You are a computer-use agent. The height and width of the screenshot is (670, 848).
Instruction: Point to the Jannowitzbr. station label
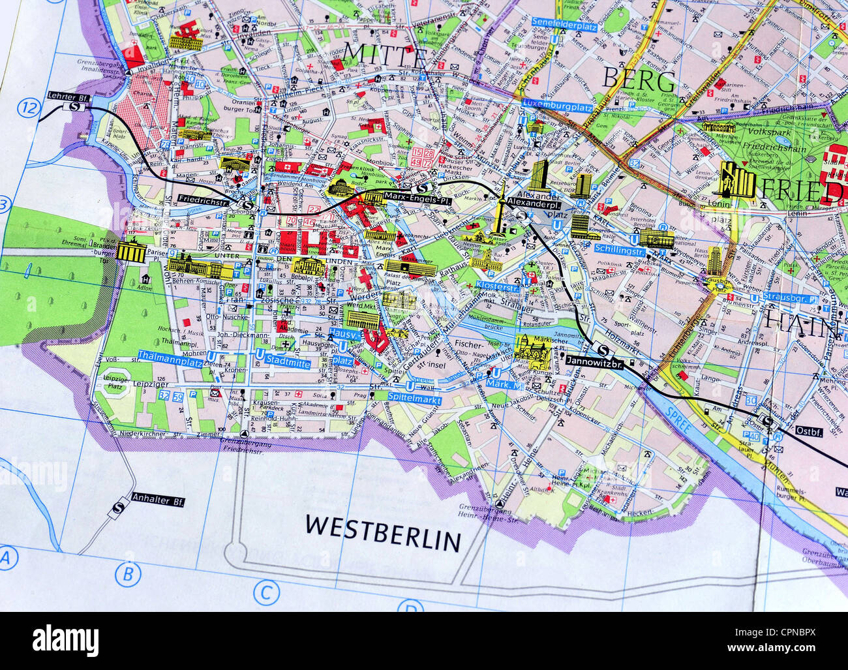coord(595,361)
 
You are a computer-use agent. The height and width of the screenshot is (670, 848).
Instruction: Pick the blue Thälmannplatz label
coord(168,355)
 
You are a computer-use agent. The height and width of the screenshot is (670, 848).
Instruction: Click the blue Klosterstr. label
coord(498,286)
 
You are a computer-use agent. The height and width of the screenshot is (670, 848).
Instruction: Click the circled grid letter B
coord(128,574)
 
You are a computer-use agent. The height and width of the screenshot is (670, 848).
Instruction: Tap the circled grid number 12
coord(29,108)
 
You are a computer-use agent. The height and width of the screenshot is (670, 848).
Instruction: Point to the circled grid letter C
coord(265,593)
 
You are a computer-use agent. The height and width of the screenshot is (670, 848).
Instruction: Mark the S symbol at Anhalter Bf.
coord(119,508)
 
